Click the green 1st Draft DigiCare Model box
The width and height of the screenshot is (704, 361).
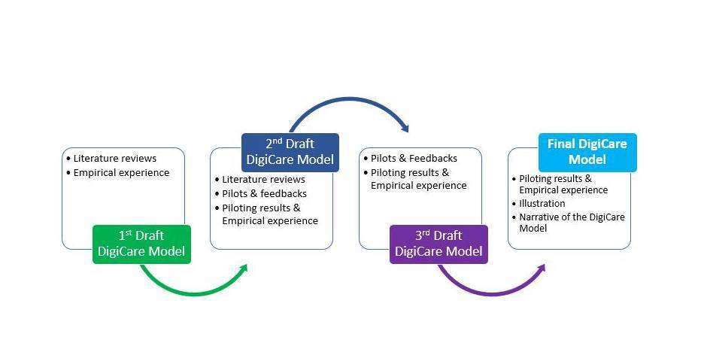tap(141, 244)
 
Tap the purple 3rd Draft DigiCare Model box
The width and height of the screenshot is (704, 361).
tap(438, 244)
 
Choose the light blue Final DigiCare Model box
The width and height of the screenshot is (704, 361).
tap(587, 152)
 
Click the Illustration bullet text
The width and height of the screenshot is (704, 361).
tap(542, 203)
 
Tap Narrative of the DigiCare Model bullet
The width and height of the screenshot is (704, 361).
tap(572, 222)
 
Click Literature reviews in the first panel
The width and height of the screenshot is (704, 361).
tap(114, 159)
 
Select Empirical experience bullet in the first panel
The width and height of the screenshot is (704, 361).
tap(121, 172)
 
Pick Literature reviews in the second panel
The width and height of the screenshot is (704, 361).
tap(263, 180)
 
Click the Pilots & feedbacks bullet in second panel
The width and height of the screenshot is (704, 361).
tap(264, 193)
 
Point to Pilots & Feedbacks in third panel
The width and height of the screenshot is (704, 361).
tap(414, 159)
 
